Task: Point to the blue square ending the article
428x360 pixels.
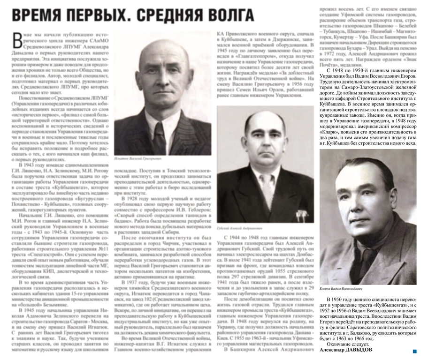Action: click(x=414, y=351)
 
